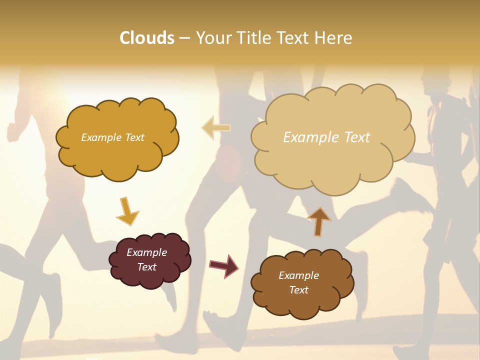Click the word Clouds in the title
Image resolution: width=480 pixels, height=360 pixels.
click(x=147, y=38)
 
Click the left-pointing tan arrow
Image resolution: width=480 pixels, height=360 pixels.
click(x=216, y=127)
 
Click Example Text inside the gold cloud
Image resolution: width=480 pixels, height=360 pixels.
click(x=112, y=137)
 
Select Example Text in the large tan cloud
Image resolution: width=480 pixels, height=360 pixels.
click(x=326, y=137)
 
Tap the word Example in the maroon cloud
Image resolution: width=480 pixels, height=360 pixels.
click(x=146, y=252)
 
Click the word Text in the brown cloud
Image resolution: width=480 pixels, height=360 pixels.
click(x=299, y=290)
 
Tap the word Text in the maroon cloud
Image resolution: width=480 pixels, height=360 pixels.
click(x=147, y=267)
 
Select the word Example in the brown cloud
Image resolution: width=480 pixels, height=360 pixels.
click(x=298, y=275)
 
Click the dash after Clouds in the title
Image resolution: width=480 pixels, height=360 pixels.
click(x=184, y=38)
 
